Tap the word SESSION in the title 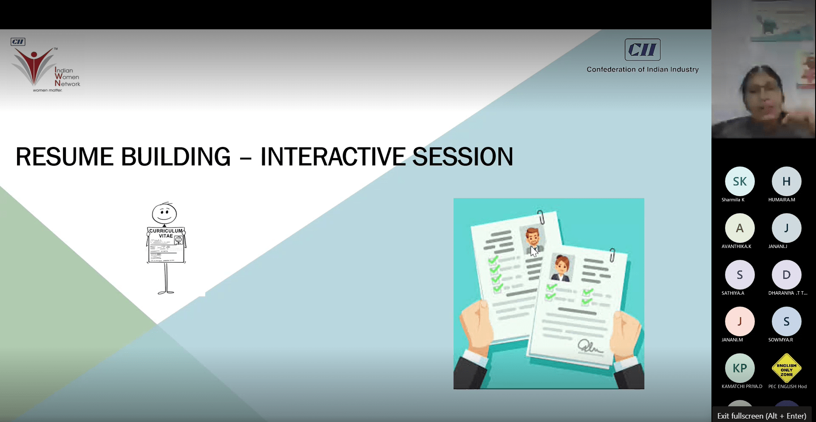(x=463, y=157)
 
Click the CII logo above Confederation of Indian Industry (x=643, y=50)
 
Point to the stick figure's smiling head (x=164, y=213)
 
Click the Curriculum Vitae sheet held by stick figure (x=166, y=245)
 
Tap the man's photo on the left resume (x=533, y=239)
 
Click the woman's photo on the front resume (x=561, y=268)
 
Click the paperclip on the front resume (x=612, y=255)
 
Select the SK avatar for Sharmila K (x=740, y=181)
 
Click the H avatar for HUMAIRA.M (x=787, y=181)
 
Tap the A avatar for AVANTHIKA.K (x=740, y=228)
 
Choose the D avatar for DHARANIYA (x=787, y=275)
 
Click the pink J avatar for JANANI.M (x=740, y=321)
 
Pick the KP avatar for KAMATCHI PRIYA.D (x=740, y=368)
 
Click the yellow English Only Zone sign (x=787, y=368)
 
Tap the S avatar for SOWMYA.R (x=787, y=321)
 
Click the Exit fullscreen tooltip (x=762, y=416)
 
